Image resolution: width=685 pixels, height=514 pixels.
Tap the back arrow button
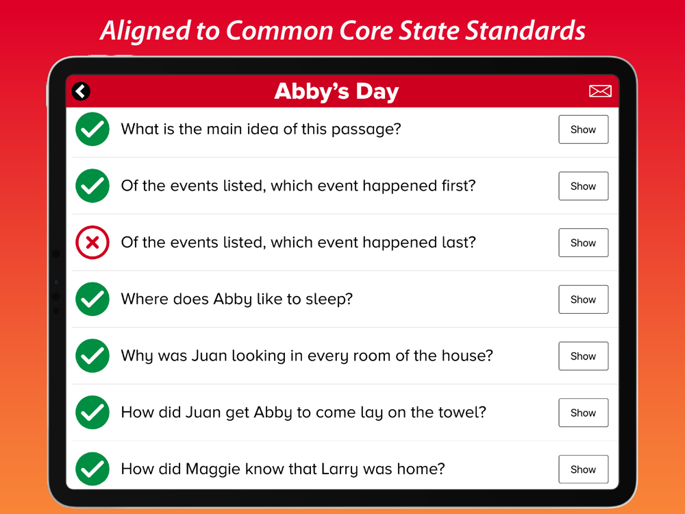(x=81, y=91)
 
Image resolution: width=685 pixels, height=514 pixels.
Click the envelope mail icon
(x=600, y=91)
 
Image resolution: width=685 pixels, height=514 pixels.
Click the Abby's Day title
(x=336, y=91)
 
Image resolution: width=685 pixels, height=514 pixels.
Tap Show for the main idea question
(x=583, y=130)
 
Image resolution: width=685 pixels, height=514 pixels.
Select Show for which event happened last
(x=583, y=243)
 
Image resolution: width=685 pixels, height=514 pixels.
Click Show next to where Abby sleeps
(x=583, y=299)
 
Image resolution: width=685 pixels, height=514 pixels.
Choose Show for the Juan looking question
(x=583, y=356)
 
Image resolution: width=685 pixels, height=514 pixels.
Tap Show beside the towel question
(x=583, y=413)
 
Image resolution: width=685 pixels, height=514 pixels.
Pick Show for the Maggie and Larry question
(x=583, y=469)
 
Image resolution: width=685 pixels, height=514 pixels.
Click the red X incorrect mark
(x=92, y=243)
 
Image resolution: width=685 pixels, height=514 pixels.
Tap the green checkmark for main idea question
(x=92, y=129)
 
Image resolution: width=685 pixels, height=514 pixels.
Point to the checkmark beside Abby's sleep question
(x=92, y=299)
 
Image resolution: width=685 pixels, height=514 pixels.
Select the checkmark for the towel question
(x=92, y=412)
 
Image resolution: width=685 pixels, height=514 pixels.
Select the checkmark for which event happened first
(x=92, y=186)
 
